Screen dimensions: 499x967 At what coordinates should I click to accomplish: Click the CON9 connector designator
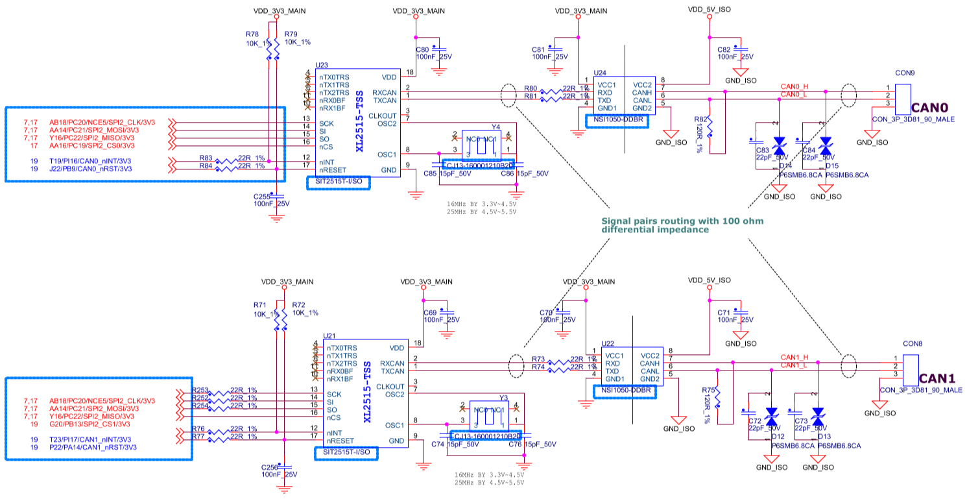click(x=904, y=73)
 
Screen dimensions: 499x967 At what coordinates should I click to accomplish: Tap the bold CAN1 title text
click(x=938, y=378)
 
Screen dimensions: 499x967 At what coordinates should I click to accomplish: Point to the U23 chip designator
click(x=321, y=66)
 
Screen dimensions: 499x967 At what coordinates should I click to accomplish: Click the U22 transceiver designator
click(x=608, y=344)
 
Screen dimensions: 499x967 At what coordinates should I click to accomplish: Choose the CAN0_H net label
click(x=794, y=86)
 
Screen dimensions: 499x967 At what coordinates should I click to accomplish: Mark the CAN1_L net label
click(x=794, y=366)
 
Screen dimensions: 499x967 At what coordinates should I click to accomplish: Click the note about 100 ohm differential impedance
click(x=682, y=225)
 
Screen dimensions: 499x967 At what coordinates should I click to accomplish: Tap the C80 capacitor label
click(x=422, y=49)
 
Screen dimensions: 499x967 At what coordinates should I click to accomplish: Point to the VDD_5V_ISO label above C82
click(x=710, y=10)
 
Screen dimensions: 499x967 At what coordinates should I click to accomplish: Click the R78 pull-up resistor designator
click(x=252, y=34)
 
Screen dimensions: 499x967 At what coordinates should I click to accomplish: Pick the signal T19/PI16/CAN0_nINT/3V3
click(x=90, y=160)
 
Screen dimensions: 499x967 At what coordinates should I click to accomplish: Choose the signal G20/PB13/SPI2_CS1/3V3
click(x=90, y=424)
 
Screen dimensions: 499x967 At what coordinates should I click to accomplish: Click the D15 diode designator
click(x=832, y=167)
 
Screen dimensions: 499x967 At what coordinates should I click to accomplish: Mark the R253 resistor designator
click(x=200, y=390)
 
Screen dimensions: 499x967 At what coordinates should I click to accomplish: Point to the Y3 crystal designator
click(x=503, y=397)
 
